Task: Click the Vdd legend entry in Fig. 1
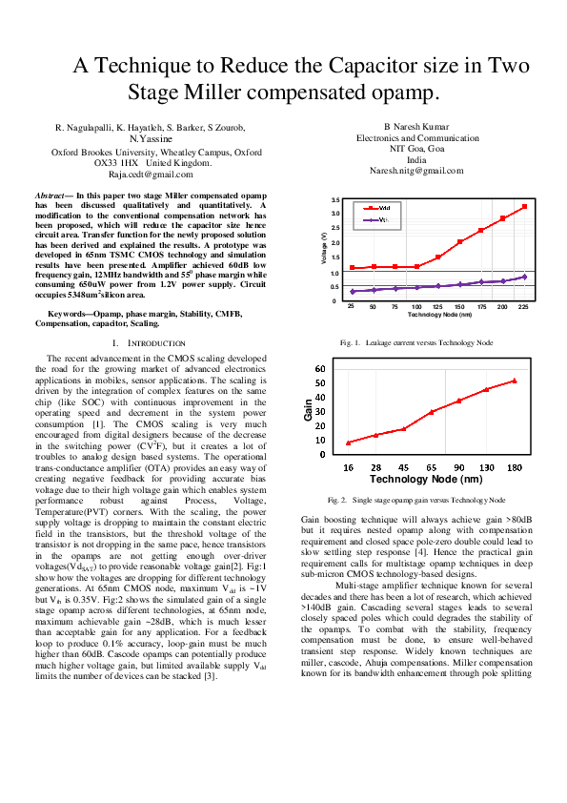click(x=378, y=207)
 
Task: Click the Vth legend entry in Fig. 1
click(x=378, y=220)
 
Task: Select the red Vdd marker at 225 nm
click(x=524, y=207)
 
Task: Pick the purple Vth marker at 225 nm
click(x=524, y=277)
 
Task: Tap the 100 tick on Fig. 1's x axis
click(x=416, y=307)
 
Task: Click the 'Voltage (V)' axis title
click(x=324, y=250)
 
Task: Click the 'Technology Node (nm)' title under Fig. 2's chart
click(x=425, y=479)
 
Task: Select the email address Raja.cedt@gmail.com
click(x=151, y=175)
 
